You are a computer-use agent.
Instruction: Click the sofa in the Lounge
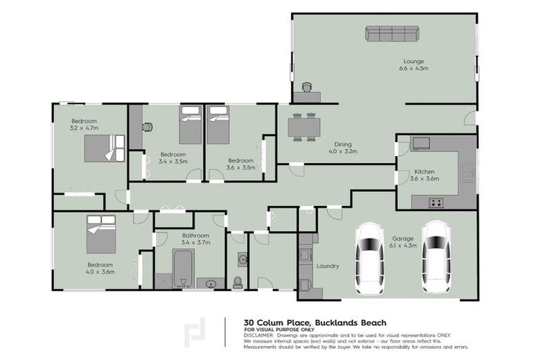[x=392, y=33]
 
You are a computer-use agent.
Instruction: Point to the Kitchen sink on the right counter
[x=467, y=171]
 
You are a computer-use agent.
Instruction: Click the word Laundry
[x=328, y=266]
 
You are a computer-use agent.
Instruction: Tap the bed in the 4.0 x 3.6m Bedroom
[x=101, y=234]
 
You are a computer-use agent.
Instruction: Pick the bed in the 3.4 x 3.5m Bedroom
[x=190, y=124]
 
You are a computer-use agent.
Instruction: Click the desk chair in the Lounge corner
[x=306, y=87]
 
